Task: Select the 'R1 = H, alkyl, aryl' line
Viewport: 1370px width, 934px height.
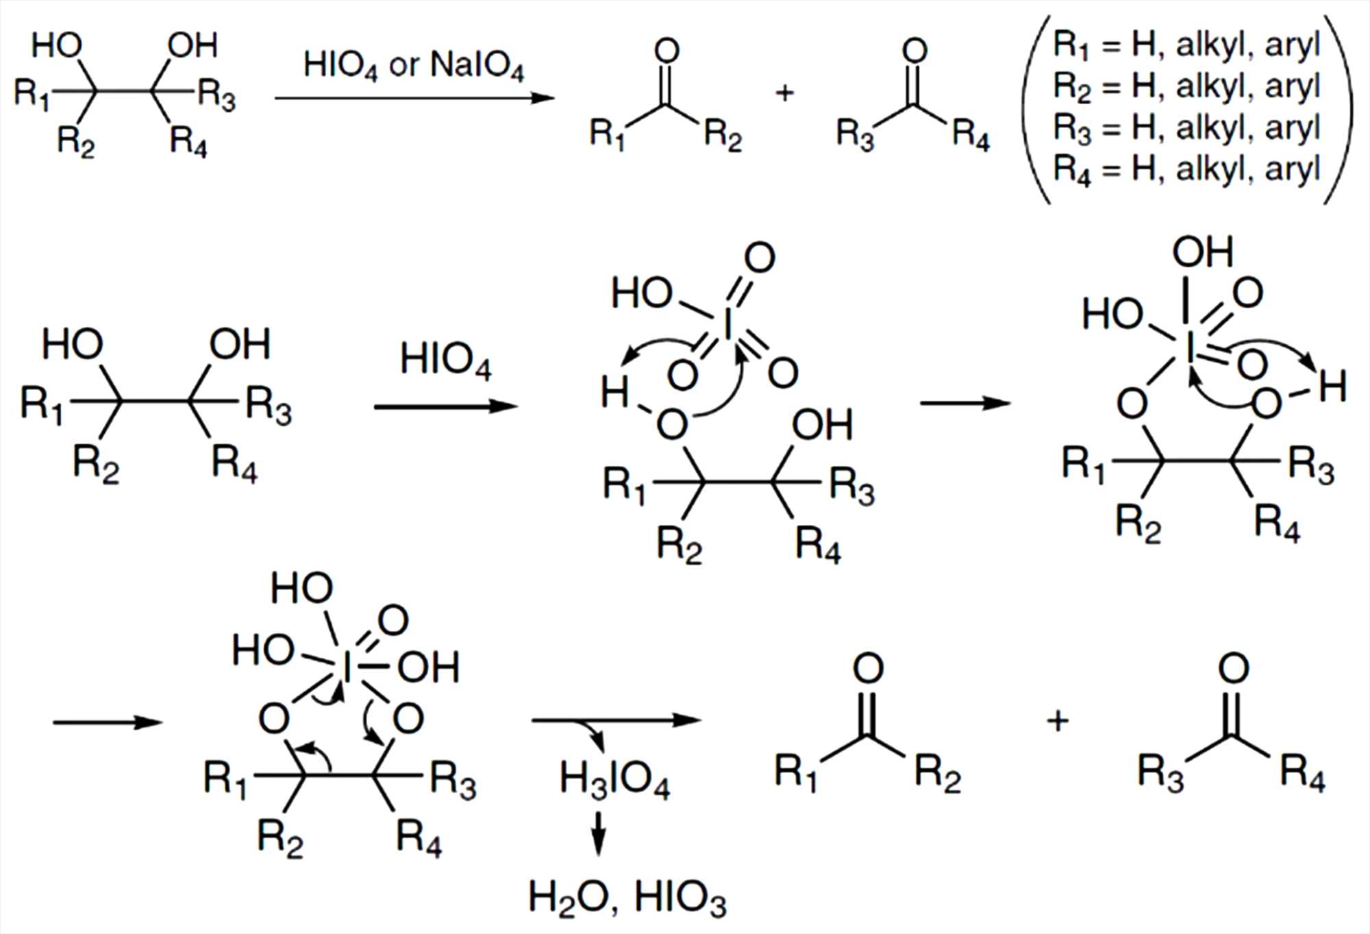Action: (1186, 45)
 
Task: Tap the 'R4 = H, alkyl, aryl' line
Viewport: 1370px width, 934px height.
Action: (1186, 169)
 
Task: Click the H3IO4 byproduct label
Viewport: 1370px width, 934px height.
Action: (614, 781)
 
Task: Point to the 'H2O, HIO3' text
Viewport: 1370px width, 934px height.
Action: (627, 898)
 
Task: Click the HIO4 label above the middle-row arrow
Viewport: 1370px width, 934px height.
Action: (445, 360)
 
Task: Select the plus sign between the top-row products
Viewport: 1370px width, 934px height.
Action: (784, 93)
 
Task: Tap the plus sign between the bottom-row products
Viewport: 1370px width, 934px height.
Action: (1058, 721)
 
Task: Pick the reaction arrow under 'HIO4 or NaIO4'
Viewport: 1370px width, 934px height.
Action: (414, 98)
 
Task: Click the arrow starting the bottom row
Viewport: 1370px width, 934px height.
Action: (108, 722)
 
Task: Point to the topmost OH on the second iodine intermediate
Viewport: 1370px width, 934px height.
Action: (1202, 252)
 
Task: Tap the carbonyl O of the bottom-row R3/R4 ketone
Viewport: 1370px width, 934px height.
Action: (1233, 669)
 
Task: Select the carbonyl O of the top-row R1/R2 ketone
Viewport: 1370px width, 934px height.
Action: (667, 51)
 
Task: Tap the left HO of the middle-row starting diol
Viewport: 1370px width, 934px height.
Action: (73, 345)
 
